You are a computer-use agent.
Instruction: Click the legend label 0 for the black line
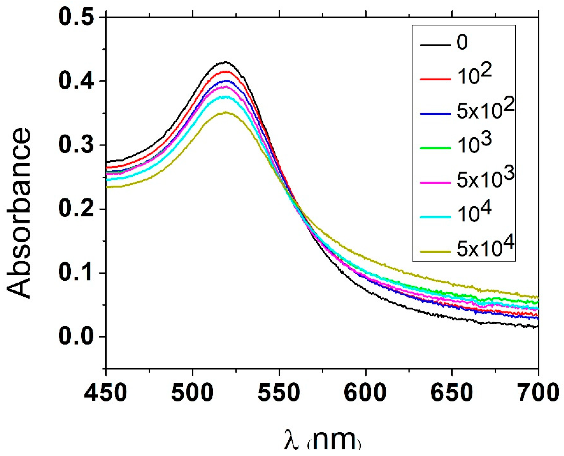pos(462,43)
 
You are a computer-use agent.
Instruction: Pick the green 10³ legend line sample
pos(436,148)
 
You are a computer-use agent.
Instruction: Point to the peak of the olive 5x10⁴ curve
pos(225,112)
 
